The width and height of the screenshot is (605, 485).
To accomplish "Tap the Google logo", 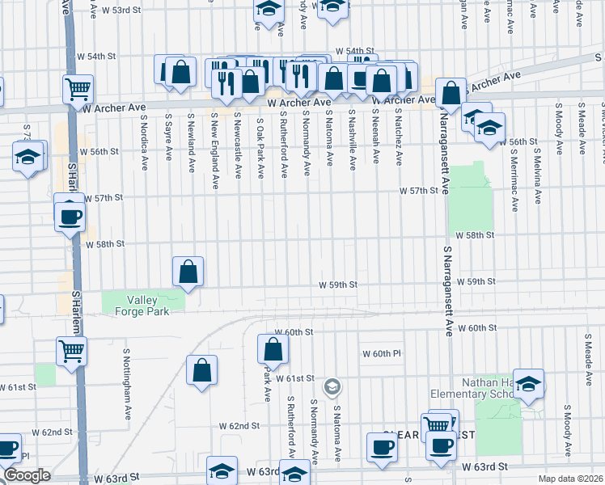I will tap(27, 475).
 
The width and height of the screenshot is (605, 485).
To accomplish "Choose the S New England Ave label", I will tap(214, 139).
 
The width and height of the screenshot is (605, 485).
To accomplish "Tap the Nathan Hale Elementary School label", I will tap(484, 388).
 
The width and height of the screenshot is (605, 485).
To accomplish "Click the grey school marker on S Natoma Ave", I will tap(331, 388).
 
